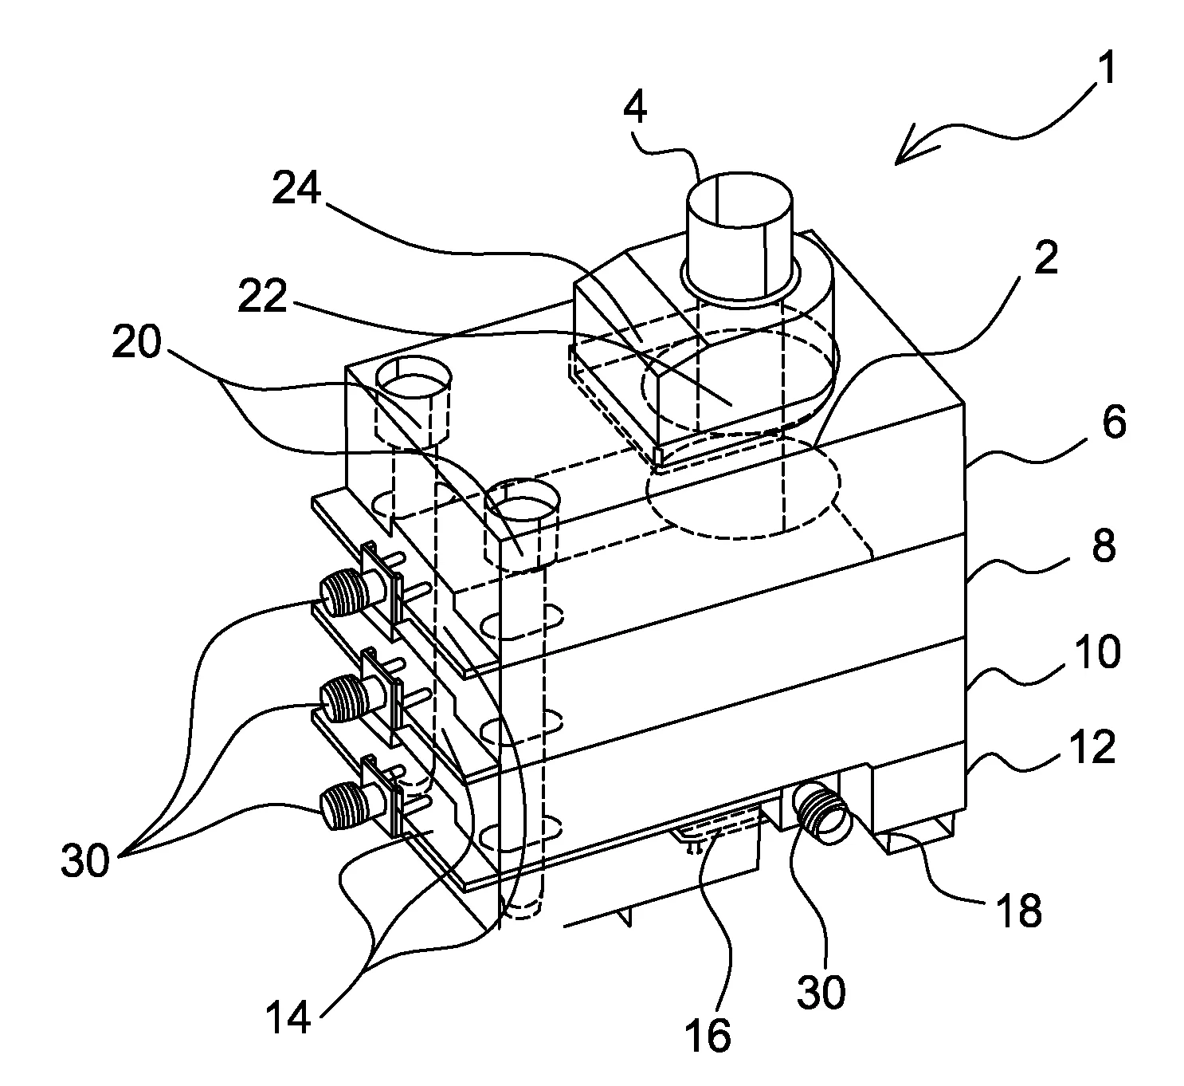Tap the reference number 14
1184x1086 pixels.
pyautogui.click(x=288, y=1015)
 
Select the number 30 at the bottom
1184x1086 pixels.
pyautogui.click(x=821, y=990)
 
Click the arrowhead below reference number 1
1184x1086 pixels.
pyautogui.click(x=915, y=145)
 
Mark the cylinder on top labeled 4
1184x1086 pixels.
pyautogui.click(x=739, y=235)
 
